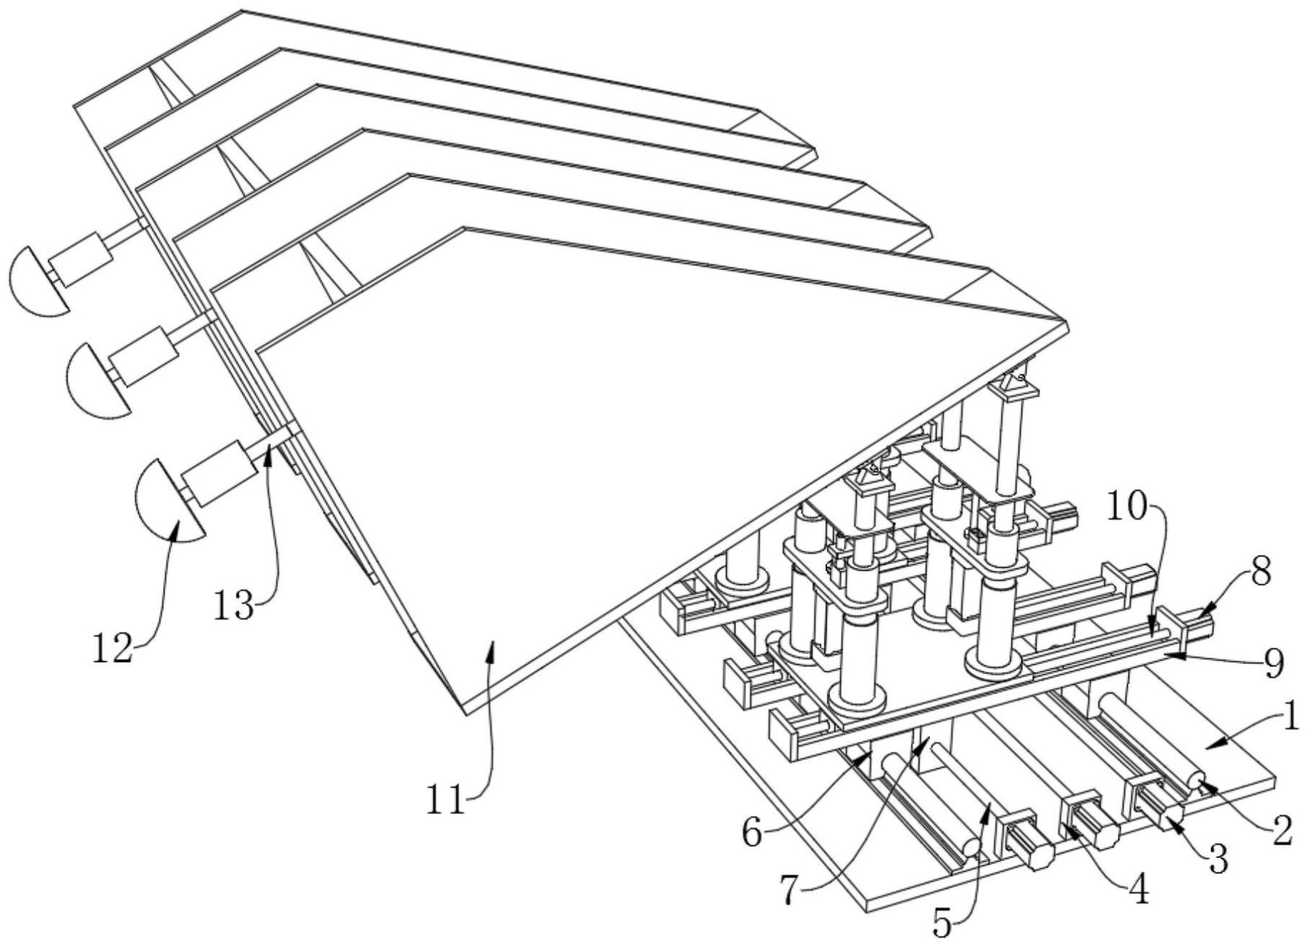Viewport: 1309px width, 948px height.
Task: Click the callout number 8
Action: point(1261,572)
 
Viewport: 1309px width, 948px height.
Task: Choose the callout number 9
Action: point(1273,664)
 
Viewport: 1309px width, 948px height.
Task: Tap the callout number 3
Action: point(1217,858)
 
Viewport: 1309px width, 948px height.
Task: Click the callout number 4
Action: point(1139,891)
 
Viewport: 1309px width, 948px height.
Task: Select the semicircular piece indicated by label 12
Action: point(166,503)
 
